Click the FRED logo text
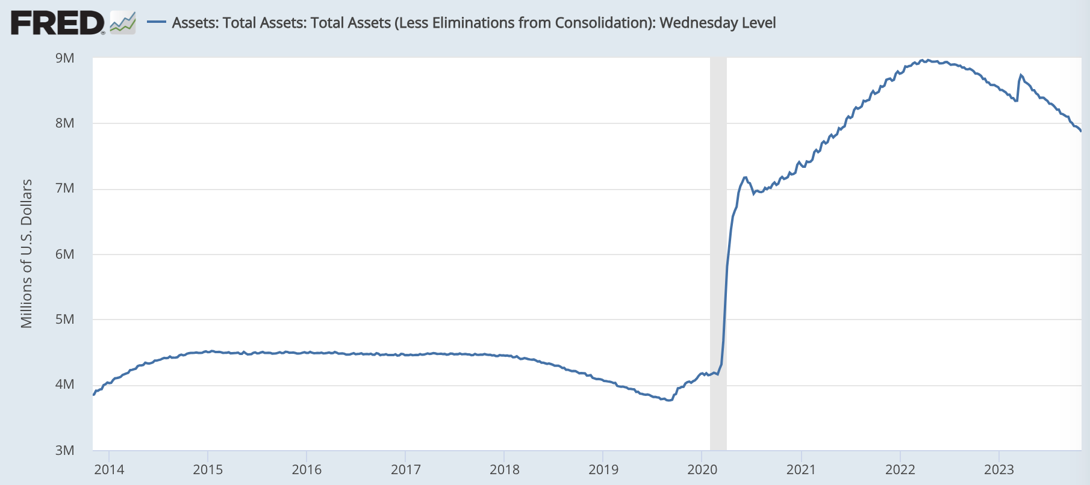57,23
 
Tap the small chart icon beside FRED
123,23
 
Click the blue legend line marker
157,22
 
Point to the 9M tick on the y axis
64,58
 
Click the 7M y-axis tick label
64,188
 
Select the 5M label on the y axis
64,319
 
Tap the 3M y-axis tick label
64,450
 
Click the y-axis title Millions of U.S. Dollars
26,253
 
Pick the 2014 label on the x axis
109,469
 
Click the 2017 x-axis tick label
405,469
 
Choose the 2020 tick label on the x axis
702,469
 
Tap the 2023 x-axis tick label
998,469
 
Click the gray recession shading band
718,253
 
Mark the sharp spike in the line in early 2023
1021,75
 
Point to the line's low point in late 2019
668,400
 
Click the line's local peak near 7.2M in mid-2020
746,178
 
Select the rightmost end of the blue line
1081,131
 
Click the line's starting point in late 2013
93,395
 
